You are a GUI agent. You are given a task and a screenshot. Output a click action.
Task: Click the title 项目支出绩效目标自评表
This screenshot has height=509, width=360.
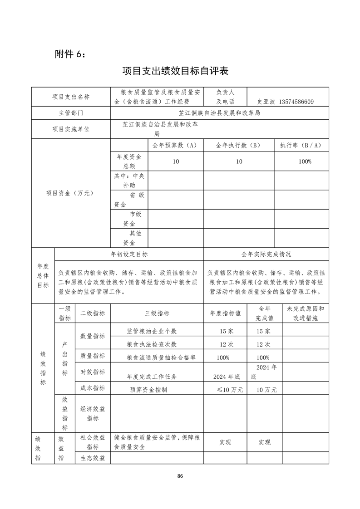tap(175, 71)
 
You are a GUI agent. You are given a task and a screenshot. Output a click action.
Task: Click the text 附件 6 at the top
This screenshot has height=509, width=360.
tap(69, 54)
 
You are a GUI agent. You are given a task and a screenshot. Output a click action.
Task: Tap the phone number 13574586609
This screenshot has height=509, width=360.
tap(296, 102)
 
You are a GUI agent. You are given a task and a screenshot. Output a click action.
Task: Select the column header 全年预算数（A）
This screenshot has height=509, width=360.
tap(175, 145)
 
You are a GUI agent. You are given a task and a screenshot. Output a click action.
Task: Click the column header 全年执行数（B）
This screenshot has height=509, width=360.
tap(239, 145)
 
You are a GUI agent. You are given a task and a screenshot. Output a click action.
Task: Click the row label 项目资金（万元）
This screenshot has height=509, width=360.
tap(69, 193)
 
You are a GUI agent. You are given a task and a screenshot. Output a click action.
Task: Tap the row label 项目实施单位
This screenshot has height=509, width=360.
tap(70, 129)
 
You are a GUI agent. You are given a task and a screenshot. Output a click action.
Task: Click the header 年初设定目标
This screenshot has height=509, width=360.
tap(129, 254)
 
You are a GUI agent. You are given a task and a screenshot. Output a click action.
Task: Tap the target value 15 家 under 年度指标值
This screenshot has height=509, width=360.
tap(223, 331)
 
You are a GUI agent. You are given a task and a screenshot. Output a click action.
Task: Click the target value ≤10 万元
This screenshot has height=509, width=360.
tap(230, 390)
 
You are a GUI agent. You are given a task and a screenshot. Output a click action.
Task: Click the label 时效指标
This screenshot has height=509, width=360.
tap(93, 372)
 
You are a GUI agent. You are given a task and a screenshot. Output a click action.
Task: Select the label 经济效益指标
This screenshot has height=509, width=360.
tap(93, 413)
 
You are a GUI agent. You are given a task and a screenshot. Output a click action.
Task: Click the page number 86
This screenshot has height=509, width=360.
tap(180, 476)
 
